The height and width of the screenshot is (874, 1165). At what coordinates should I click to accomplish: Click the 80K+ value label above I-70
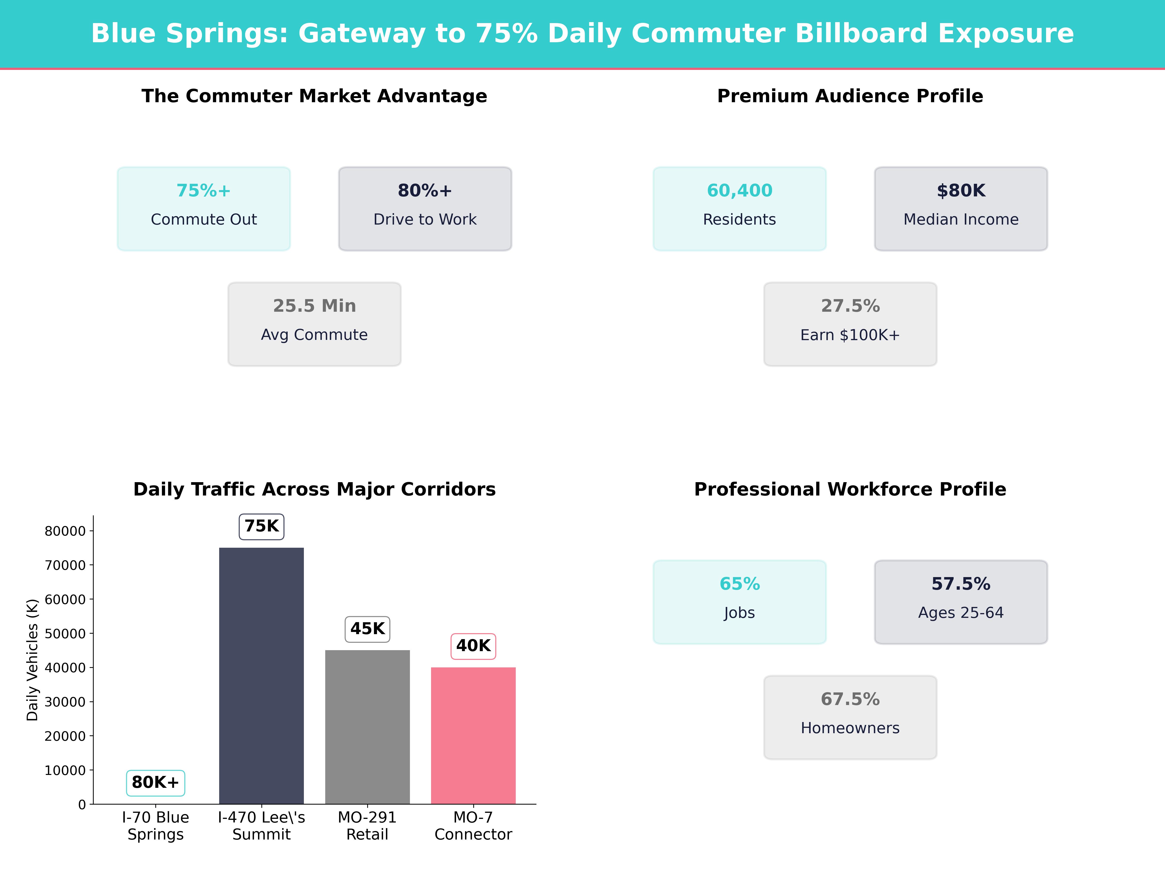[155, 782]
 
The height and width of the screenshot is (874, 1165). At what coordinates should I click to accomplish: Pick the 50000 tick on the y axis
[65, 634]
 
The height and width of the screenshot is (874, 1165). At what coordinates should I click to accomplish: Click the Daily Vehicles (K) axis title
[33, 660]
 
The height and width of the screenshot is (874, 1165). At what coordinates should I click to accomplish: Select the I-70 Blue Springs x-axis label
[155, 825]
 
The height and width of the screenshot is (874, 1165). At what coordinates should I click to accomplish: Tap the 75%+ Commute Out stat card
[204, 209]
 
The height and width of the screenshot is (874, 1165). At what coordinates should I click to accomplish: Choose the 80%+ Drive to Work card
[425, 209]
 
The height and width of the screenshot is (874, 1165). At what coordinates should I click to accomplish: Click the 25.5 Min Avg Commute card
[314, 324]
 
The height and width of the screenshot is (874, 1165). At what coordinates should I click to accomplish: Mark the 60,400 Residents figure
[740, 191]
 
